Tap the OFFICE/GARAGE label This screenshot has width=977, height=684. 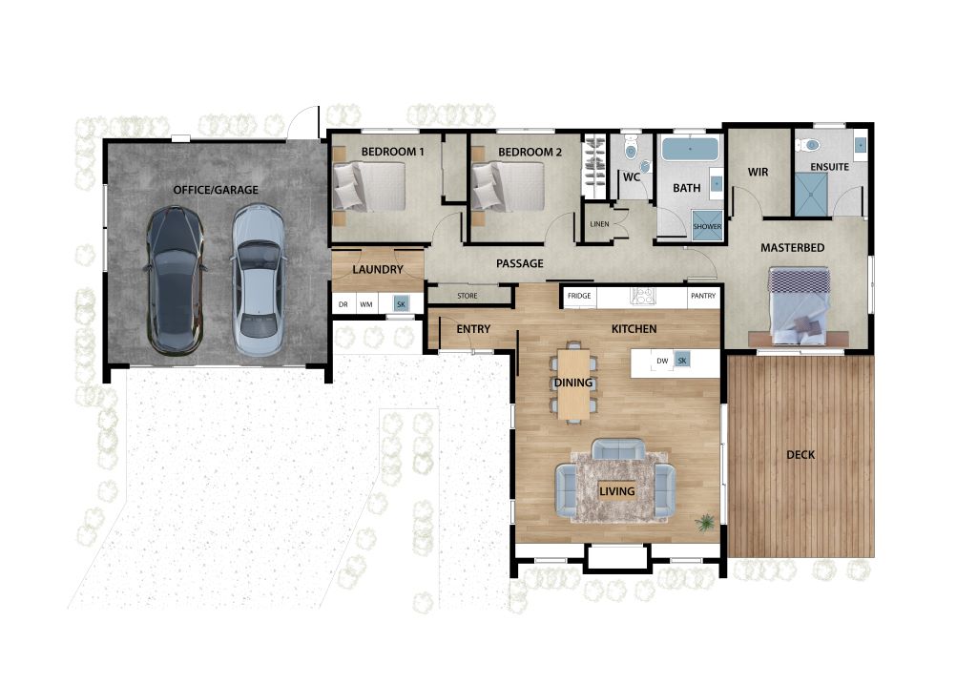pos(216,190)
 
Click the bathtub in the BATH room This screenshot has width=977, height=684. pos(690,150)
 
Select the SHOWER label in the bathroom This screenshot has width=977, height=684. pos(707,226)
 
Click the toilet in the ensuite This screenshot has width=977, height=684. pos(809,146)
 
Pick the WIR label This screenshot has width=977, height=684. pos(759,173)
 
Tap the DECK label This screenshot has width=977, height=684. pos(800,455)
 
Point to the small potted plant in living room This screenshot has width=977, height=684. pos(705,522)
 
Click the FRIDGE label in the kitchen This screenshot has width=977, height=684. pos(579,297)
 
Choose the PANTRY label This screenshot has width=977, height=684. pos(703,297)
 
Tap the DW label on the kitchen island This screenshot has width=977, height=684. pos(662,361)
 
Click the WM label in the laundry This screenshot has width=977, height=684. pos(366,305)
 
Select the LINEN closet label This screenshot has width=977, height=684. pos(599,224)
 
